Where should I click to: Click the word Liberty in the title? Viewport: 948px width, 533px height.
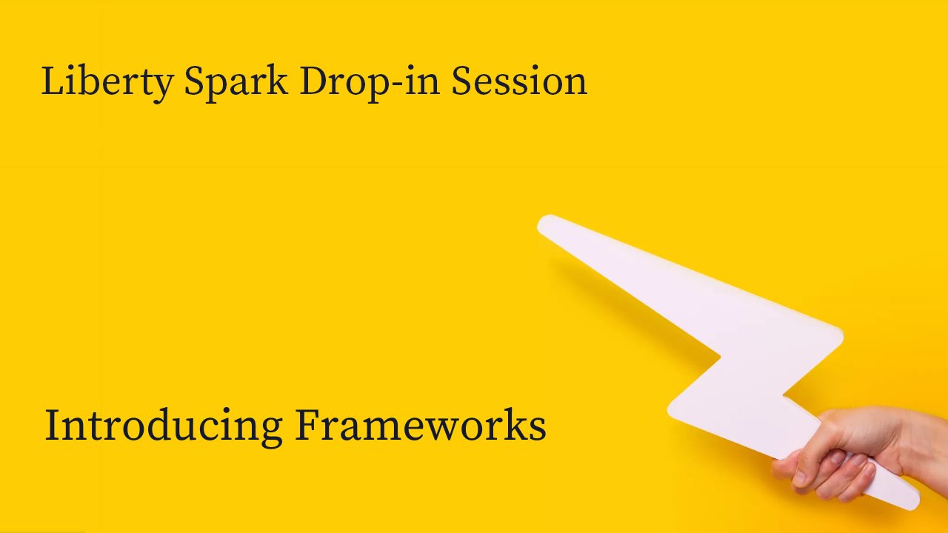point(107,82)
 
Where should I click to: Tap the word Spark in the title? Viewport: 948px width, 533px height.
point(236,82)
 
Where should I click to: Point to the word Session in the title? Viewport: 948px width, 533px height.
point(519,81)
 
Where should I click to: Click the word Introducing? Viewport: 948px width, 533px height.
point(164,426)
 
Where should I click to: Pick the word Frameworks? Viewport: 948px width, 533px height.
point(421,424)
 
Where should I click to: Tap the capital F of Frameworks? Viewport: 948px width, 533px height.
point(307,424)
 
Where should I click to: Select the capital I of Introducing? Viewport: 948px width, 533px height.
point(53,424)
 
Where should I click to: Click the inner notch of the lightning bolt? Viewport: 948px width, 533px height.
point(719,358)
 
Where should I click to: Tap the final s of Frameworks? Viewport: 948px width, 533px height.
point(538,429)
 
